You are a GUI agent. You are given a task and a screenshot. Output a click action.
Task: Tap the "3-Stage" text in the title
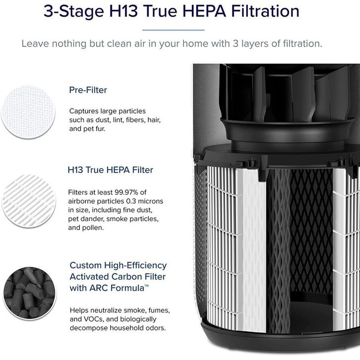tap(74, 11)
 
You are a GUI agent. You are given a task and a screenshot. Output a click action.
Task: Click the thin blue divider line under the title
tap(174, 30)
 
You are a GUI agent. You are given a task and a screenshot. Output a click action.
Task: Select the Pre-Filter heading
tap(88, 90)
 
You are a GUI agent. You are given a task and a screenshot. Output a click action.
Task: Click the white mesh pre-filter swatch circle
tap(28, 112)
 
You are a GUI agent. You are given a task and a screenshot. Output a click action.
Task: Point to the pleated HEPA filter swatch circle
tap(29, 201)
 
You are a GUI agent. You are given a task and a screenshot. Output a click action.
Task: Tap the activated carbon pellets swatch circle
tap(29, 293)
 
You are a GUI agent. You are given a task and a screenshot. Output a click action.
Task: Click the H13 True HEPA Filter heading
tap(111, 170)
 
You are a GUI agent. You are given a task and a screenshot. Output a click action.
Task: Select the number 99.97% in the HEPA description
tap(126, 192)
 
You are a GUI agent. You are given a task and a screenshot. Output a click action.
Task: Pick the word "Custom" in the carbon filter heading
tap(86, 265)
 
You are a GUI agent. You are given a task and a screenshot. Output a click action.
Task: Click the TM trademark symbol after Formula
tap(147, 286)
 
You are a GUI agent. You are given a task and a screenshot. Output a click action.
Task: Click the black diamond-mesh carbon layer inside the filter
tap(311, 230)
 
